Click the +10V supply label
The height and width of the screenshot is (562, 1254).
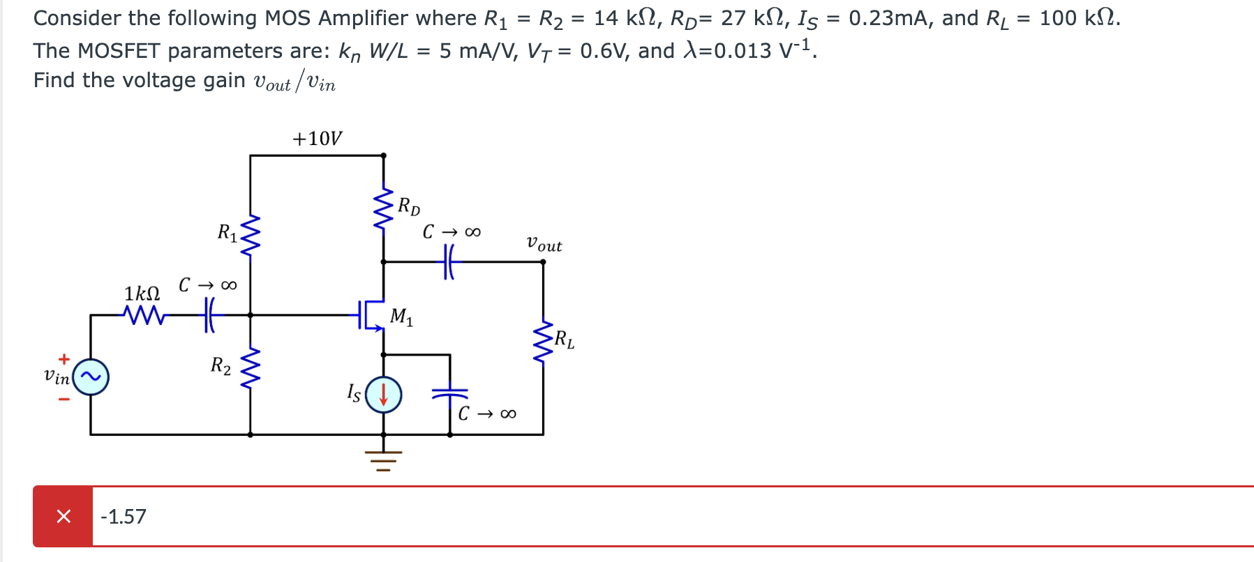317,138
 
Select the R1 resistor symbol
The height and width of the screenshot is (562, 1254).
250,233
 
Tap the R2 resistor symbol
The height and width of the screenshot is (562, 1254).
250,369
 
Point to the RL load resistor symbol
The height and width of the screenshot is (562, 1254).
543,342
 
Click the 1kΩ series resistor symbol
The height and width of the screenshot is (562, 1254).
144,315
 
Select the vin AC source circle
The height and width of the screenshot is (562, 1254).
91,377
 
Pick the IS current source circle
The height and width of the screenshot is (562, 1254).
383,395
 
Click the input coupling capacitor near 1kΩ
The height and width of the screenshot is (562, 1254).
209,315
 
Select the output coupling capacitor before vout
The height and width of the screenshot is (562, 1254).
449,262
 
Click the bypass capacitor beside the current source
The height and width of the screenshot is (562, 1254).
449,394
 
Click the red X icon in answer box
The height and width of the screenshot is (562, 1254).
64,517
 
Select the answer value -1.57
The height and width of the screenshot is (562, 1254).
124,517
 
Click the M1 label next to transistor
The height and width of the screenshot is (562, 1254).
401,317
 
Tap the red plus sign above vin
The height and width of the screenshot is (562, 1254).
64,359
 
